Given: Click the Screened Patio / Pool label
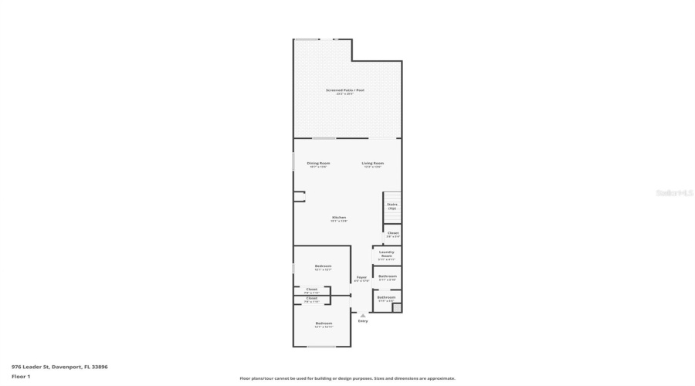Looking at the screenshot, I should point(344,90).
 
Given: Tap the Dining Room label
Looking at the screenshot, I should point(318,163).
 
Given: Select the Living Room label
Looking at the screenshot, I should point(373,163).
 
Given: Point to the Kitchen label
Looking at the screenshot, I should point(339,218).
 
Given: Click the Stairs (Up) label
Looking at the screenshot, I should point(392,205).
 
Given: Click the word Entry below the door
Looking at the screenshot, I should point(363,321).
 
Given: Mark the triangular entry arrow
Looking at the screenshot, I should point(363,315).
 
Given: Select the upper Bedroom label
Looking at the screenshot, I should point(323,266).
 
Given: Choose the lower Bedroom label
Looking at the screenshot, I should point(324,323).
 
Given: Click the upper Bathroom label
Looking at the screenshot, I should point(387,276).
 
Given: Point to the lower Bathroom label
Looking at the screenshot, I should point(386,297).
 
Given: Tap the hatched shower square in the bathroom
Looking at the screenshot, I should point(397,307).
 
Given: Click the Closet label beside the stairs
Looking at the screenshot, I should point(393,232).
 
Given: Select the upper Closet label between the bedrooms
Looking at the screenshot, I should point(311,289).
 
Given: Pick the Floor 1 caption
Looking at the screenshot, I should point(20,376).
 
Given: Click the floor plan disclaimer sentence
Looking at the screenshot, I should point(347,378).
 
